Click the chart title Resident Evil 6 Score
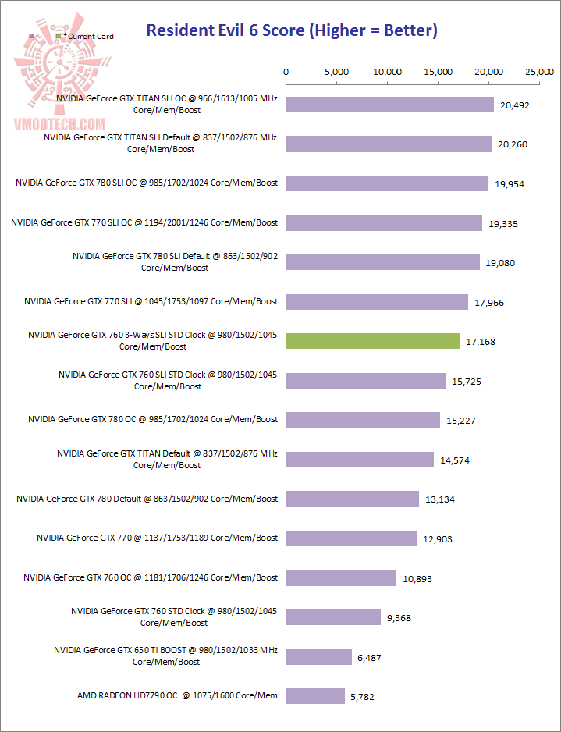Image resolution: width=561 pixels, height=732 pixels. [292, 31]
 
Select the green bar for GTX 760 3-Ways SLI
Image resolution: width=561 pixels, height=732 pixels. [374, 341]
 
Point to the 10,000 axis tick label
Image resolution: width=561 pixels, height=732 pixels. [388, 72]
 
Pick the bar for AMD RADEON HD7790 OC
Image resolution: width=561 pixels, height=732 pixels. [316, 695]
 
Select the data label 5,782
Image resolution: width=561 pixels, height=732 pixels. [364, 696]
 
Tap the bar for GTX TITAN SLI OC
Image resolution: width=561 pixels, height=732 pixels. [390, 105]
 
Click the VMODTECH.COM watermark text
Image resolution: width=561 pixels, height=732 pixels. [59, 123]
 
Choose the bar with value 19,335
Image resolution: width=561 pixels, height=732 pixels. [385, 223]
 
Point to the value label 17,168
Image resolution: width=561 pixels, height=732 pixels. [480, 342]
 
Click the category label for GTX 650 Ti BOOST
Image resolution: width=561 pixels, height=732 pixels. [165, 656]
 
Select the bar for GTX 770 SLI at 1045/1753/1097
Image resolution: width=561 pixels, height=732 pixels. [378, 302]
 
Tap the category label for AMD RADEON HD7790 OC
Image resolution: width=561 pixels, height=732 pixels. [177, 695]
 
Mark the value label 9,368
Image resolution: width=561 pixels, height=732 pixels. [398, 618]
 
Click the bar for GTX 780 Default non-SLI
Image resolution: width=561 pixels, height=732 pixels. [353, 499]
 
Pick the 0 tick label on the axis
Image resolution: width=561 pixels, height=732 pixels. [286, 72]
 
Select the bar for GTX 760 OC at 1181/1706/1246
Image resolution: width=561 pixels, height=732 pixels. [342, 577]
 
